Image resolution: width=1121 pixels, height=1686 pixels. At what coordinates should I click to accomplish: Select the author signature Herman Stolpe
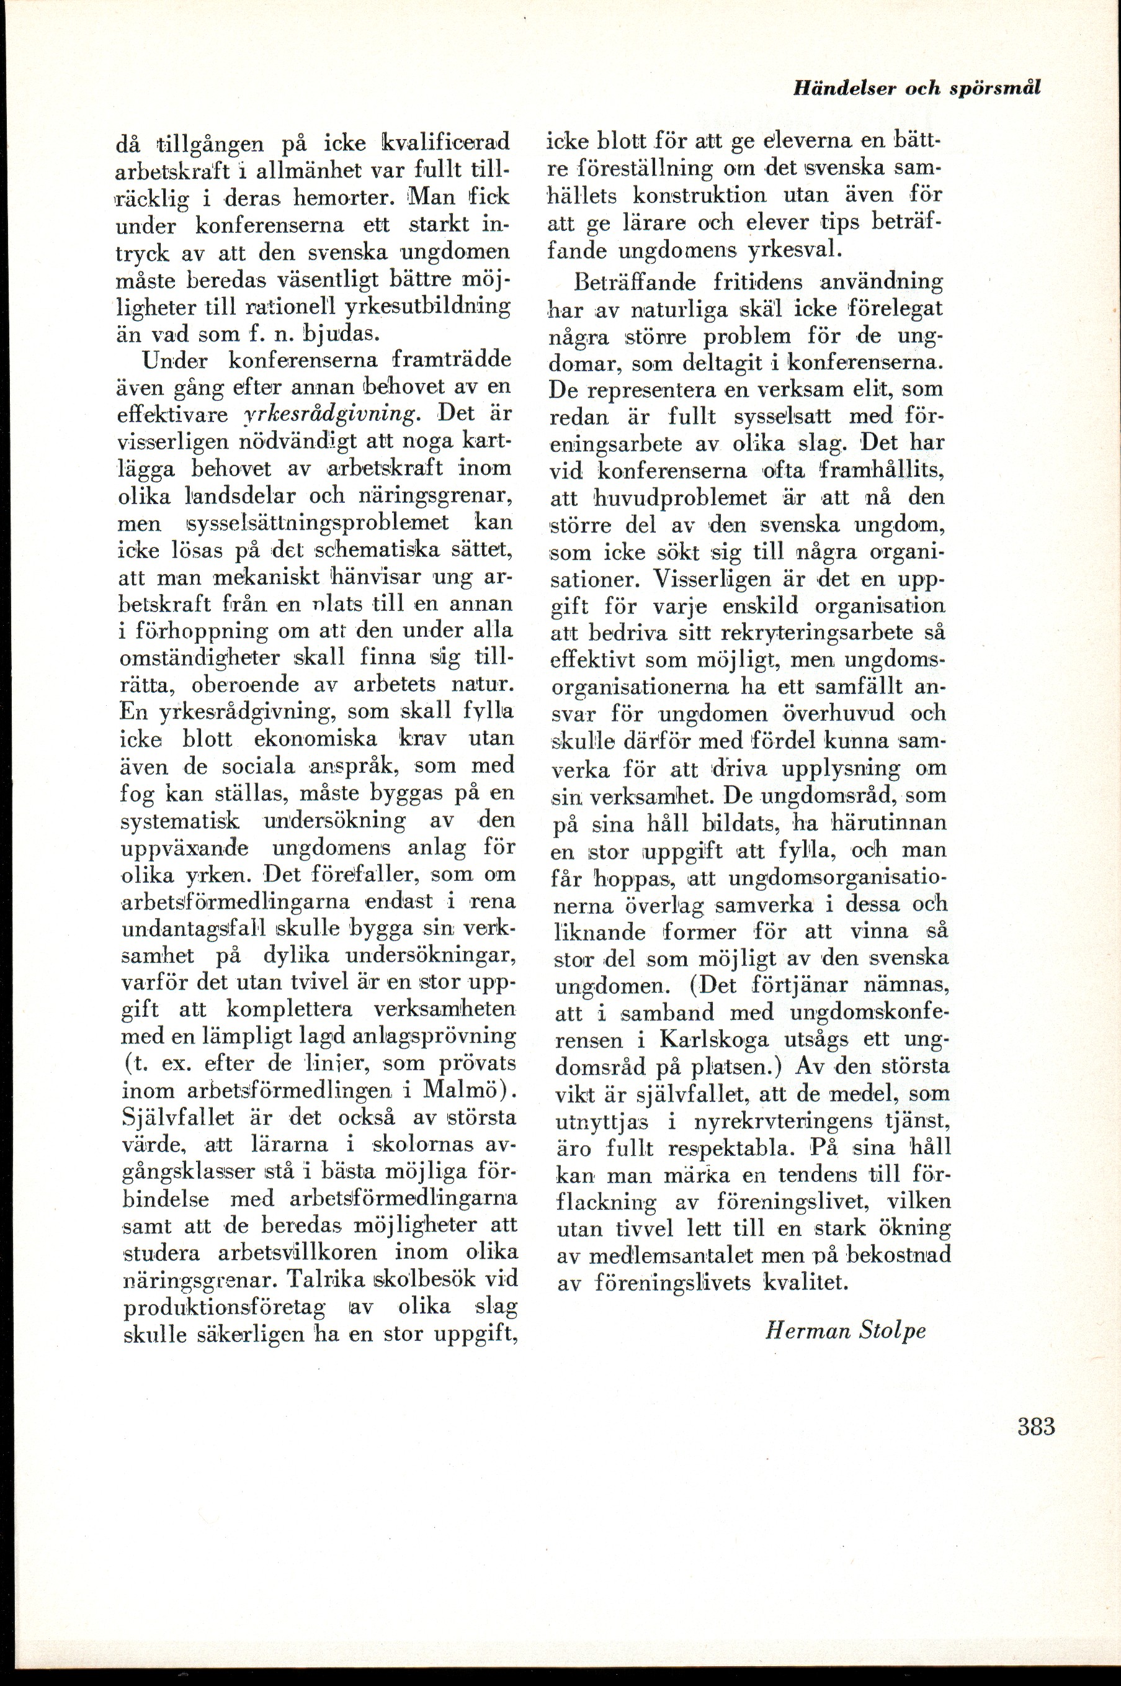click(845, 1330)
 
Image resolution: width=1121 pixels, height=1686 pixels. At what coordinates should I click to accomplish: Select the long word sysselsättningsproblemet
click(318, 522)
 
